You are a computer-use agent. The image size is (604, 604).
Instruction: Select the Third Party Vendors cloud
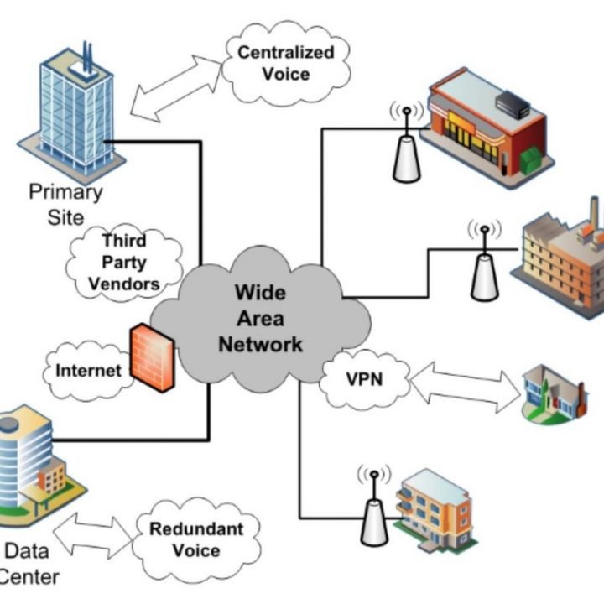(x=125, y=261)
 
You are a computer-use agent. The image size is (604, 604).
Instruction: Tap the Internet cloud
(x=88, y=369)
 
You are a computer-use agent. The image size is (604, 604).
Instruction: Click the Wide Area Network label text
(x=260, y=319)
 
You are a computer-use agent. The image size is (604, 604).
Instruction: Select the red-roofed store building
(x=482, y=122)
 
